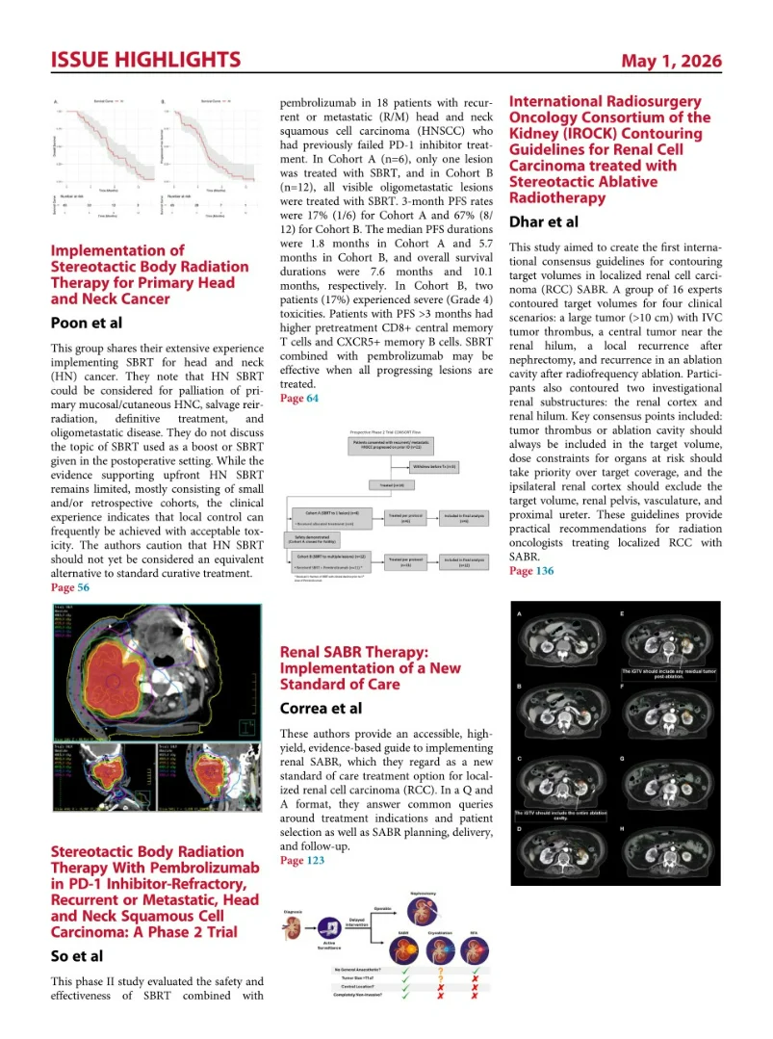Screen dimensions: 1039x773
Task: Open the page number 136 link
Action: [530, 571]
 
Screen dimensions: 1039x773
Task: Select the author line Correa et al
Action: [321, 708]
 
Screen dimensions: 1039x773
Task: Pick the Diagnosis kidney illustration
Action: [298, 928]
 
